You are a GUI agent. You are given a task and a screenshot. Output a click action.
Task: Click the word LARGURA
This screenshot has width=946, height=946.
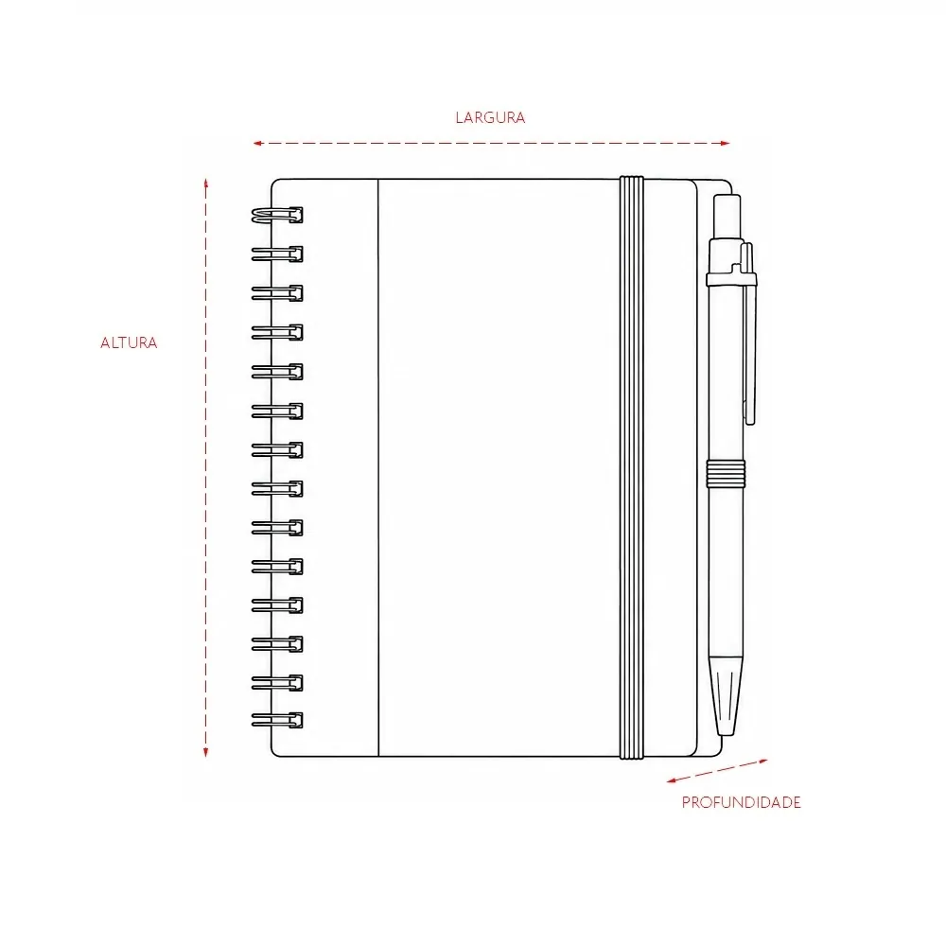490,117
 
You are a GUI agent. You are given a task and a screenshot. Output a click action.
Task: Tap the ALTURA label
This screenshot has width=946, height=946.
129,342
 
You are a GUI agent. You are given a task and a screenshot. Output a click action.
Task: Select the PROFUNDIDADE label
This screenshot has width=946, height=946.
741,802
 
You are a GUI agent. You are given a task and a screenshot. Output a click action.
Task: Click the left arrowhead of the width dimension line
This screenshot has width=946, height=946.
257,143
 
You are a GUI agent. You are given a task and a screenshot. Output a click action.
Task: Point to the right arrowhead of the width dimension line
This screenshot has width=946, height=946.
726,143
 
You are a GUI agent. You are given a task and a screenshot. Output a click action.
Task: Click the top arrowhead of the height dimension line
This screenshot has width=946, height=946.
205,184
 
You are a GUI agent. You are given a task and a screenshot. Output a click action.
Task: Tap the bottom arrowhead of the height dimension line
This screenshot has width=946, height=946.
205,752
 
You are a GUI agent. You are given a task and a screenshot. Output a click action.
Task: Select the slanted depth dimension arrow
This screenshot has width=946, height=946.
717,771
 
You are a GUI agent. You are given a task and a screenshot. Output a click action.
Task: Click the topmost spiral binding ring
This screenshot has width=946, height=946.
277,215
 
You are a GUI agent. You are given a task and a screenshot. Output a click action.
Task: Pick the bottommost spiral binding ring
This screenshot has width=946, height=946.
277,720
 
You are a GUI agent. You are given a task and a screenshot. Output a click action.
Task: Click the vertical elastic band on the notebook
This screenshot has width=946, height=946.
632,467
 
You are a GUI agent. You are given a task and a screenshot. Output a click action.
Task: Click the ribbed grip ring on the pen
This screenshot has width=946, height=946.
726,474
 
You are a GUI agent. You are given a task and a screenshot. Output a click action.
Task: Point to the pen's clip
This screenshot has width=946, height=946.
748,334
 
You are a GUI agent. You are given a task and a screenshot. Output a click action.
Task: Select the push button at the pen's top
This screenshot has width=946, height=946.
727,216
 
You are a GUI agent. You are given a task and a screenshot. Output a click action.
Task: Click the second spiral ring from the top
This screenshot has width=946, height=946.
277,254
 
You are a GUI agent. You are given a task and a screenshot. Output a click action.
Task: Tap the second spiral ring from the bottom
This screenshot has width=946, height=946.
277,683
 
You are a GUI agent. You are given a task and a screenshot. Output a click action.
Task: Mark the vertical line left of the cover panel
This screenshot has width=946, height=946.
378,467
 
